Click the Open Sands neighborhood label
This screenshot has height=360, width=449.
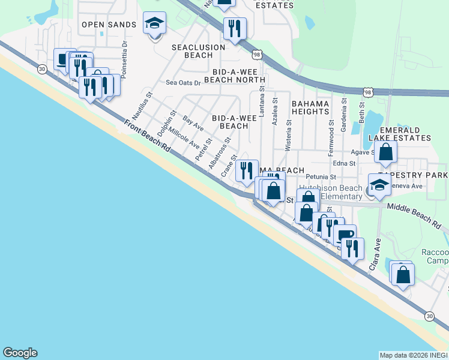click(x=106, y=25)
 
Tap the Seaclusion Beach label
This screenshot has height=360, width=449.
click(x=198, y=51)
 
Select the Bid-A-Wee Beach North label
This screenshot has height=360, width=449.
click(x=235, y=75)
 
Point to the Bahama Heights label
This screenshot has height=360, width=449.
click(x=310, y=107)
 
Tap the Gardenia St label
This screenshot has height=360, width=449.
click(x=345, y=115)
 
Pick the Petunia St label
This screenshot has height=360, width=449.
click(x=320, y=177)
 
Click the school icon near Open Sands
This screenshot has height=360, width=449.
click(x=155, y=25)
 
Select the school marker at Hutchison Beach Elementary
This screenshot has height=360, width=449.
click(x=379, y=186)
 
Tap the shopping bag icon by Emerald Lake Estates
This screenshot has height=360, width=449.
click(x=385, y=152)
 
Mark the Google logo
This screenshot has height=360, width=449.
click(x=20, y=353)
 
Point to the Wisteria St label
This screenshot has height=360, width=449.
click(x=289, y=135)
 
